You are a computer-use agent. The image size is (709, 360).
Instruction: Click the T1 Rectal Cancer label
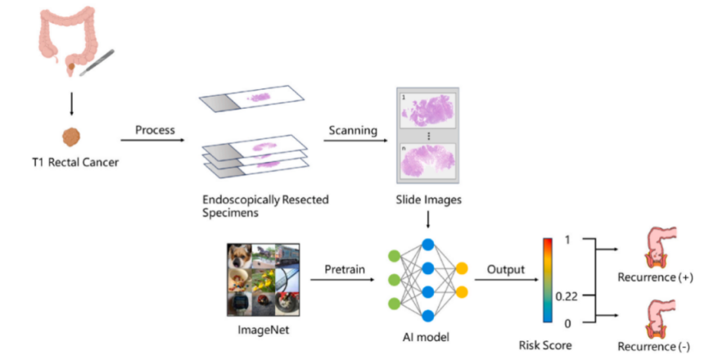tap(71, 162)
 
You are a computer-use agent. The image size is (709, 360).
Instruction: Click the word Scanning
tap(353, 130)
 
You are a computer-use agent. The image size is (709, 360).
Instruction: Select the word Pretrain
tap(333, 268)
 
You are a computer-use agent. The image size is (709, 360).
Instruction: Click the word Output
tap(505, 268)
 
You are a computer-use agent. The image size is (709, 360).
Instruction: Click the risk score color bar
tap(547, 281)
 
